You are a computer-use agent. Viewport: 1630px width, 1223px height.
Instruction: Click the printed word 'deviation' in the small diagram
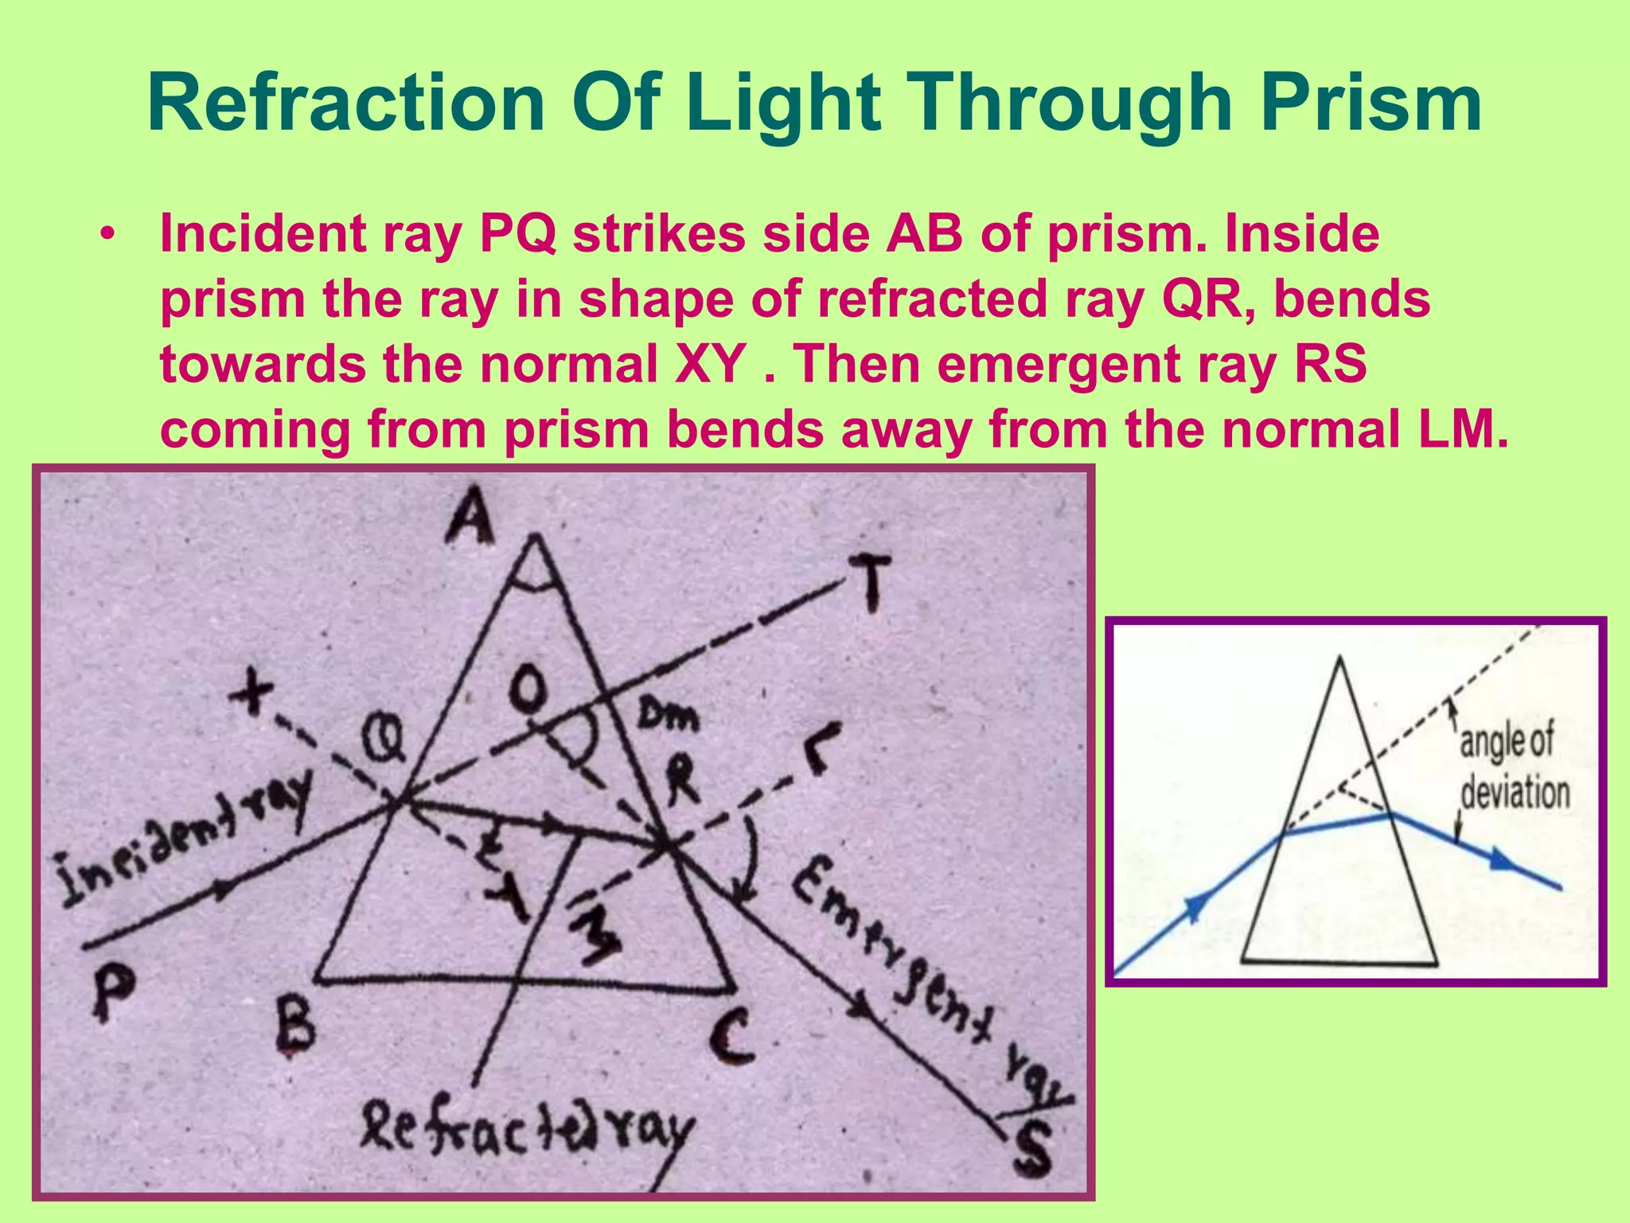[1515, 794]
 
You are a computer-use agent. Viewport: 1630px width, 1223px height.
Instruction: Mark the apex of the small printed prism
[1340, 658]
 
